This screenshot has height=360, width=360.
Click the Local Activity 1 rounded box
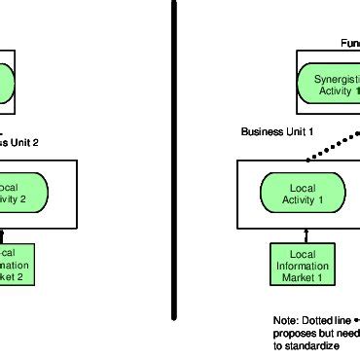pos(303,193)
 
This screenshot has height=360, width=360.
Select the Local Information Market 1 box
pos(302,264)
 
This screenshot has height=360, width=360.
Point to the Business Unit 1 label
pos(276,131)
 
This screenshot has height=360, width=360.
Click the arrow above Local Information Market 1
pos(302,234)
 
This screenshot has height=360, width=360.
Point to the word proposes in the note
pos(294,332)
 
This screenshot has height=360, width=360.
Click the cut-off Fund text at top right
pos(349,43)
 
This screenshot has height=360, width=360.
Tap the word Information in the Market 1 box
pos(302,264)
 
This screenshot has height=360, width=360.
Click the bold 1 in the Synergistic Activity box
pos(357,90)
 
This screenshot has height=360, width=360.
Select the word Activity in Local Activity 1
pos(298,199)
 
